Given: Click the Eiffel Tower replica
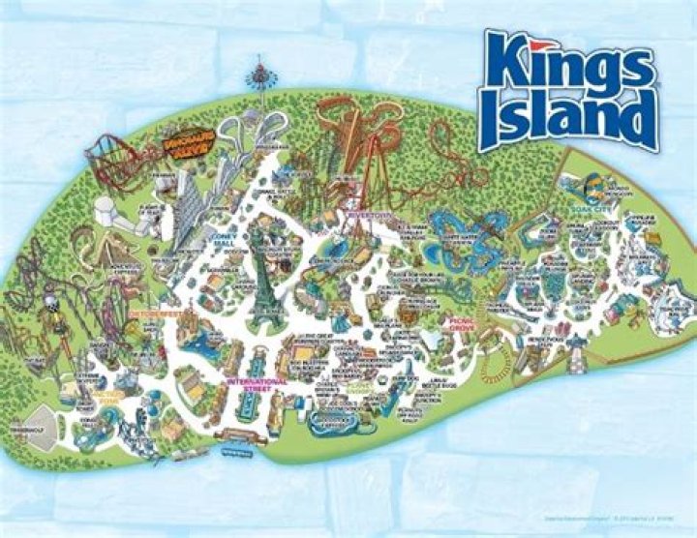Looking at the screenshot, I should click(259, 281).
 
